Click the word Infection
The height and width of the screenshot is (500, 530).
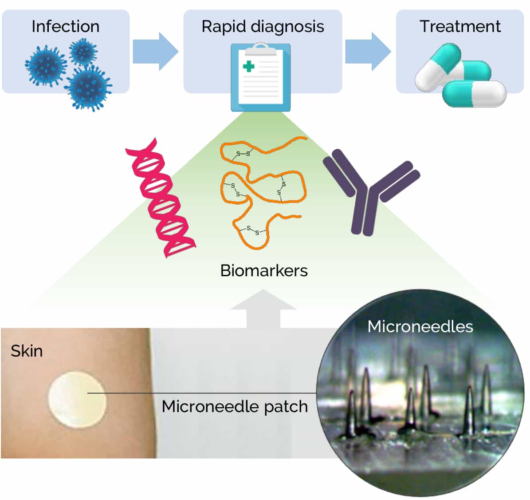pyautogui.click(x=65, y=27)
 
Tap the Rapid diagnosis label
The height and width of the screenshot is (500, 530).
pyautogui.click(x=263, y=27)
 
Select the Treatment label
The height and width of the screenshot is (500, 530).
pyautogui.click(x=460, y=27)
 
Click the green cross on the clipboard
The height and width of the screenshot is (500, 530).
pyautogui.click(x=249, y=67)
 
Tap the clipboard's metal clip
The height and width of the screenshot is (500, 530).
pyautogui.click(x=261, y=48)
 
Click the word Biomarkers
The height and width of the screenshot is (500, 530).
pyautogui.click(x=264, y=270)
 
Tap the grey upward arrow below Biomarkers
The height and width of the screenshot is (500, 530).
pyautogui.click(x=263, y=309)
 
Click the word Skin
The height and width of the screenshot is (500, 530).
pyautogui.click(x=27, y=351)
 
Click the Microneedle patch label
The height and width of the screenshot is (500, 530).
pyautogui.click(x=235, y=406)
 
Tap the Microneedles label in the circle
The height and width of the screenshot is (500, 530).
pyautogui.click(x=420, y=327)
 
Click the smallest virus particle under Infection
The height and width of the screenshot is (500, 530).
pyautogui.click(x=83, y=52)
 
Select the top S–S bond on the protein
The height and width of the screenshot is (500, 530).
pyautogui.click(x=243, y=154)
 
